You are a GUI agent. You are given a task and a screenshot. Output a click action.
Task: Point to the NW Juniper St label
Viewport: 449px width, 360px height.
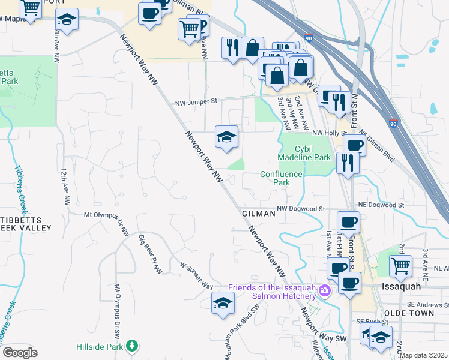pos(196,103)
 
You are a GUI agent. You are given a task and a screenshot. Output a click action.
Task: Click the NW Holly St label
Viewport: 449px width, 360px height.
pos(330,133)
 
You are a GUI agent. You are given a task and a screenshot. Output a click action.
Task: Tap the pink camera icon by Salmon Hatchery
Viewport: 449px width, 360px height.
pos(325,290)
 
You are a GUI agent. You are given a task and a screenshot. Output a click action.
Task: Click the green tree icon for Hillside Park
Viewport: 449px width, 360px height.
pos(131,346)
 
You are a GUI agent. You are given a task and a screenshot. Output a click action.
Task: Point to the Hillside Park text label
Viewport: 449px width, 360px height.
pos(99,347)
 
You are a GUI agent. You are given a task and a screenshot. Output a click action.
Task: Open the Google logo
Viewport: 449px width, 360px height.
pos(20,353)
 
